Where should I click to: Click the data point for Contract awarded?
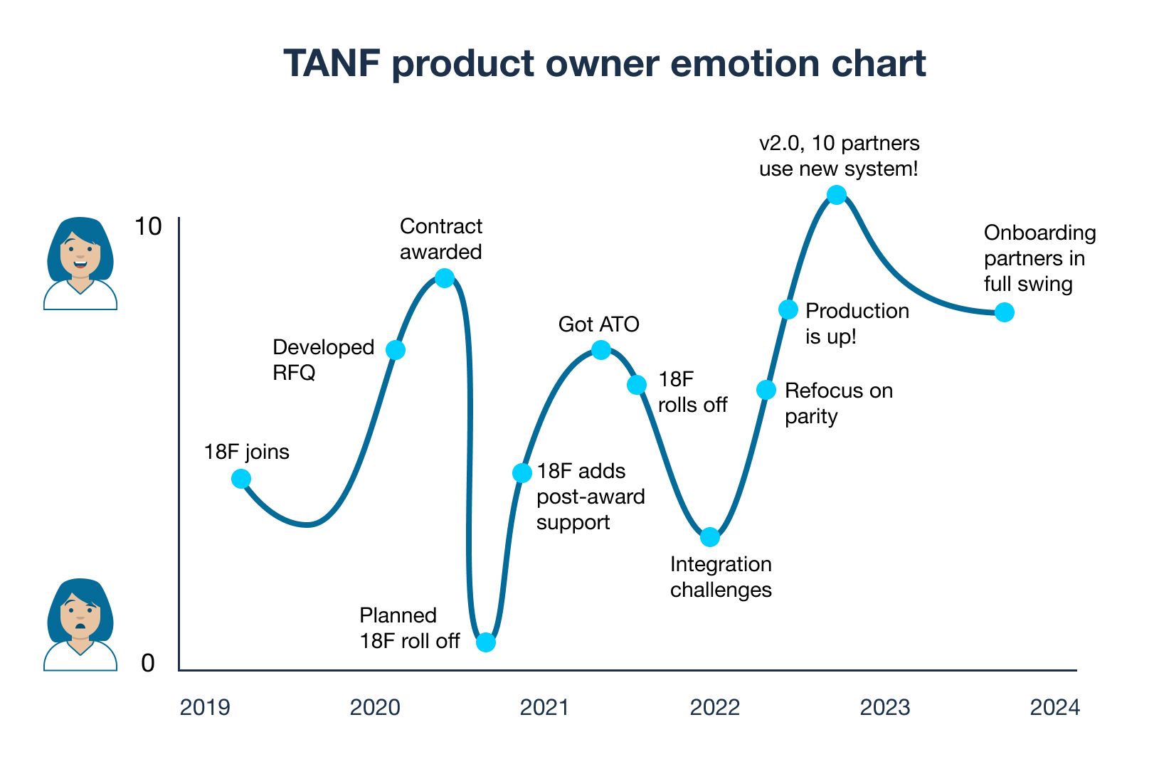tap(445, 278)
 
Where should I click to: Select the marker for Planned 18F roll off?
tap(486, 642)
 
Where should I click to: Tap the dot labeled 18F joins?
tap(241, 479)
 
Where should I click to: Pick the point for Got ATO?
tap(601, 350)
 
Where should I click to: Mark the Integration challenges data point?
tap(710, 537)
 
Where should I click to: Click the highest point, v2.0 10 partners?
tap(837, 195)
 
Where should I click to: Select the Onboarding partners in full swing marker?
tap(1004, 312)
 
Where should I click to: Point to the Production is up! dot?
tap(788, 309)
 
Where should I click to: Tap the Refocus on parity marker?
tap(766, 390)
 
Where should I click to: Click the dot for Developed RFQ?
tap(396, 350)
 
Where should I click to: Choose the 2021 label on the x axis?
tap(544, 707)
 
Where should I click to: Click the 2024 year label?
tap(1054, 707)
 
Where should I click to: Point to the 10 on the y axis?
tap(148, 227)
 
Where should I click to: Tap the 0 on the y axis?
tap(148, 663)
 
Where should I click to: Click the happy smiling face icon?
tap(80, 263)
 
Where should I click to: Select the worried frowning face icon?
tap(80, 625)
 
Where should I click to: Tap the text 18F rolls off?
tap(692, 392)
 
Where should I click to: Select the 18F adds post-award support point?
tap(522, 473)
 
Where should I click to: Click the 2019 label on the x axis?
tap(205, 707)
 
